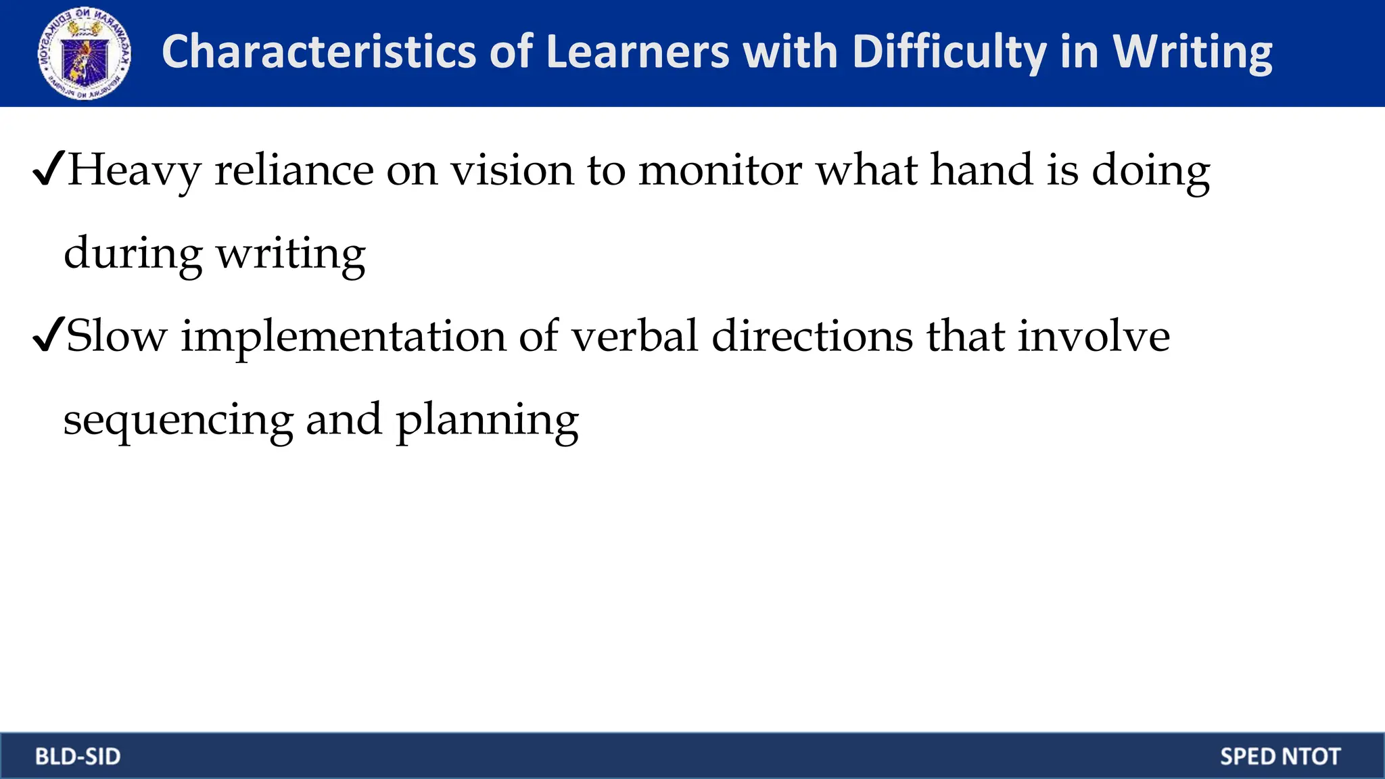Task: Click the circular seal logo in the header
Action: point(85,53)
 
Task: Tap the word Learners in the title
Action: point(638,52)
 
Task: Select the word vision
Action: point(512,169)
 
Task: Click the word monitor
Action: point(720,169)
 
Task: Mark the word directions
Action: point(812,336)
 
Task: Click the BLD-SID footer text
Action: point(78,756)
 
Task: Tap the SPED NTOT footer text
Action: point(1280,756)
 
